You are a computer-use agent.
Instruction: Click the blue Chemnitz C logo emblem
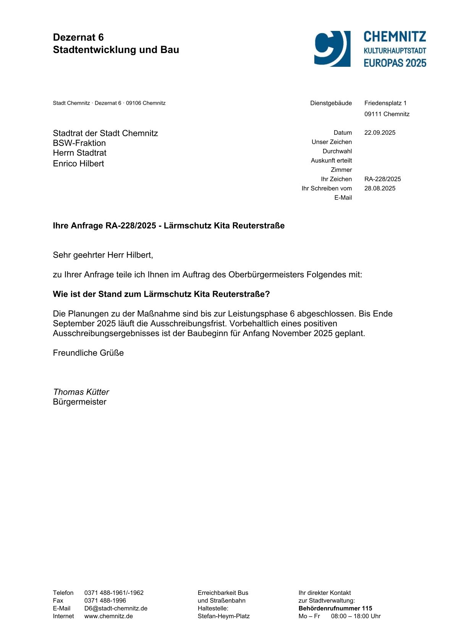(x=332, y=48)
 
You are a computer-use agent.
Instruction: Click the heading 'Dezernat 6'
(x=78, y=37)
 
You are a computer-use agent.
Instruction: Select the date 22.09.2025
(x=380, y=133)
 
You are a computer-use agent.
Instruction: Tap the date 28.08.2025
(x=380, y=189)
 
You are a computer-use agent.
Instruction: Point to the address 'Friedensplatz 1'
(x=385, y=103)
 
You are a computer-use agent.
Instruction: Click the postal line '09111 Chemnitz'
(x=387, y=114)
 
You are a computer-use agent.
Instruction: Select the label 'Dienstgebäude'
(x=331, y=103)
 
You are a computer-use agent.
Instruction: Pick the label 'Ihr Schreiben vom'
(x=327, y=189)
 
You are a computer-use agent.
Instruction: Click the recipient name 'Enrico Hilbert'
(x=78, y=164)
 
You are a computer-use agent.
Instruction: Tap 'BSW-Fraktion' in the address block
(x=79, y=143)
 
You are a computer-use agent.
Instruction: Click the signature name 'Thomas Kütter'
(x=81, y=392)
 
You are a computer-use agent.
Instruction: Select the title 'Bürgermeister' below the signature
(x=79, y=402)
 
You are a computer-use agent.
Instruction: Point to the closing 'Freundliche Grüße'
(x=88, y=353)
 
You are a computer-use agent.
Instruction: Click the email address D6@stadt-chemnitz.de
(x=116, y=608)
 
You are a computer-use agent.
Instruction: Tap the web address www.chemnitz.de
(x=108, y=616)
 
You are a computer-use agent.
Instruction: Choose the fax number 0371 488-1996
(x=105, y=601)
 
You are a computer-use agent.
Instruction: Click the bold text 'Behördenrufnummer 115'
(x=335, y=608)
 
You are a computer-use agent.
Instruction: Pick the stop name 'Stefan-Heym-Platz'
(x=223, y=616)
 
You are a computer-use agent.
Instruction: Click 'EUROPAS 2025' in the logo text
(x=395, y=63)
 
